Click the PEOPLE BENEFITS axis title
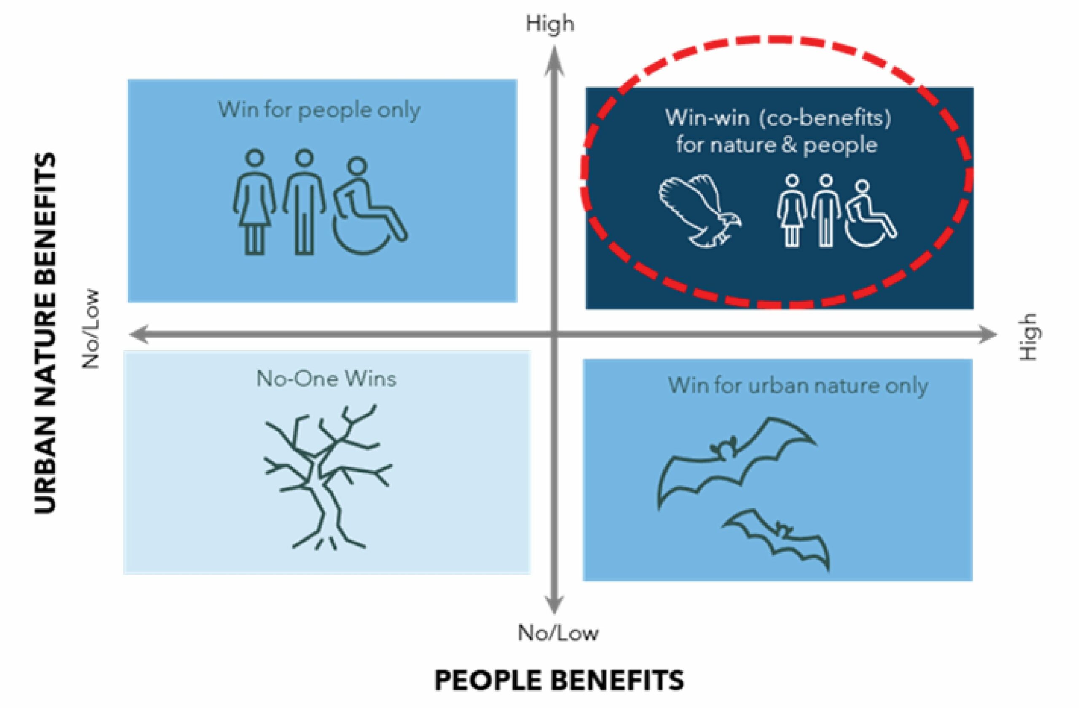559,680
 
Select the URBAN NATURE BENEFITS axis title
46,333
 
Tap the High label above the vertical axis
550,24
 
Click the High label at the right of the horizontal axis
1029,337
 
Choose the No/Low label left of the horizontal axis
90,328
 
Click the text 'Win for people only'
319,110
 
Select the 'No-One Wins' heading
326,378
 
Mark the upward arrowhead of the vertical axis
553,61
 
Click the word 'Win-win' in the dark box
707,118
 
